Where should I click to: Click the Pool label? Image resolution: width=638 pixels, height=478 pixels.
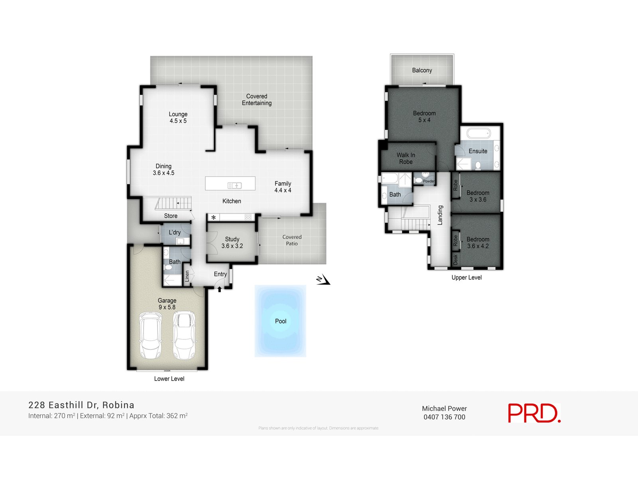click(x=281, y=321)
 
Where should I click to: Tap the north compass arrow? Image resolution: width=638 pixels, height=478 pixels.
click(x=323, y=280)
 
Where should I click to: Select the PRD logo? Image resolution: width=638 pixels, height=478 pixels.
click(x=534, y=413)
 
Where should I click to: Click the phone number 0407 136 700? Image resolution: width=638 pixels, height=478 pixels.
click(x=444, y=417)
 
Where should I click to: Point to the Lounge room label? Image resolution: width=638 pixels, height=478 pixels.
click(x=178, y=118)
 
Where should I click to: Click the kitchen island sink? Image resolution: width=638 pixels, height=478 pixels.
click(x=234, y=185)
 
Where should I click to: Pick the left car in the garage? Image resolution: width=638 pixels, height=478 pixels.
click(x=150, y=335)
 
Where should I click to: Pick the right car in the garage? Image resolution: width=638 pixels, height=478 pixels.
click(x=184, y=335)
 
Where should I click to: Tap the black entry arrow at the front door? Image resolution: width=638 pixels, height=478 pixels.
click(x=219, y=289)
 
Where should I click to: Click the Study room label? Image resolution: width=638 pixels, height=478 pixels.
click(x=232, y=243)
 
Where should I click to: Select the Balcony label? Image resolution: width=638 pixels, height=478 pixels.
click(x=422, y=71)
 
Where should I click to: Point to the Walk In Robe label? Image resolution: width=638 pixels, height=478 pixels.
click(x=406, y=159)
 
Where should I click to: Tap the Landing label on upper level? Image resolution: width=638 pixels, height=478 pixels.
click(x=440, y=215)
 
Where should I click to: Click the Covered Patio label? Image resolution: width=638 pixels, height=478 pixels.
click(x=292, y=240)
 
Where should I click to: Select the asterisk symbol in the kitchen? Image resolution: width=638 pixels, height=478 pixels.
click(x=214, y=217)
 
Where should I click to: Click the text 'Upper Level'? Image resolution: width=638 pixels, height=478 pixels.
click(x=467, y=278)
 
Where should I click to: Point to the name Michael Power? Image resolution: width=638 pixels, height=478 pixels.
click(x=444, y=408)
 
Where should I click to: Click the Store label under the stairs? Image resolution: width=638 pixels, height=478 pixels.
click(x=171, y=216)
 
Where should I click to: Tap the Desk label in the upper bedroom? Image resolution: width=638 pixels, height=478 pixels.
click(x=456, y=260)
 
